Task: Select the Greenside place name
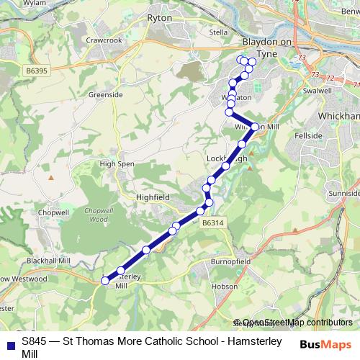coord(102,94)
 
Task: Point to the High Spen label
coord(117,164)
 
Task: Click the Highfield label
coord(152,195)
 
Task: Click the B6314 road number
coord(214,224)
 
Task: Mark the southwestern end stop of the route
coord(105,281)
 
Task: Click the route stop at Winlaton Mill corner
coord(254,127)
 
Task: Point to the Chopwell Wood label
coord(95,215)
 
